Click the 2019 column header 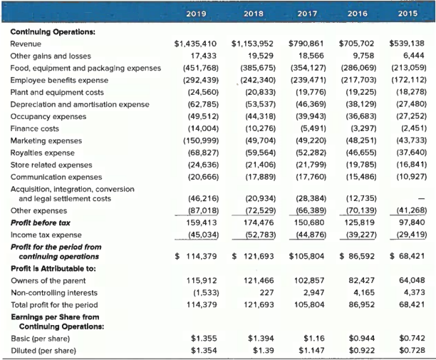195,14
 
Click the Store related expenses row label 46,165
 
